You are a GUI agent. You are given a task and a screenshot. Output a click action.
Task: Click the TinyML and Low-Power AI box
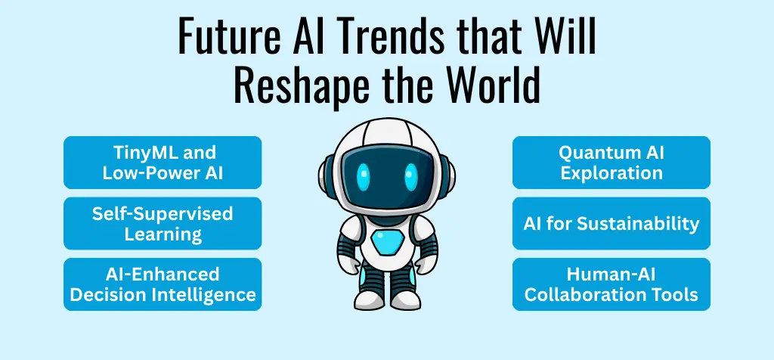(163, 163)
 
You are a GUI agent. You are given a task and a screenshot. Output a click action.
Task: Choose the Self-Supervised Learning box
(163, 224)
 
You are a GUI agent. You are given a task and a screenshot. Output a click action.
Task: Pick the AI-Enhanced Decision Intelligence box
(163, 284)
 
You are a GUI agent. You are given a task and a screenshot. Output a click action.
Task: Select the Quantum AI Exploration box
(611, 163)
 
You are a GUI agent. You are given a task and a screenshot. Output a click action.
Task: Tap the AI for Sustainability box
(611, 224)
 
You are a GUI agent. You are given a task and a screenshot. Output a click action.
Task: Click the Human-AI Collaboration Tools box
(611, 284)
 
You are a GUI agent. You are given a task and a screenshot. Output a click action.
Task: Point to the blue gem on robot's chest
(387, 244)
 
